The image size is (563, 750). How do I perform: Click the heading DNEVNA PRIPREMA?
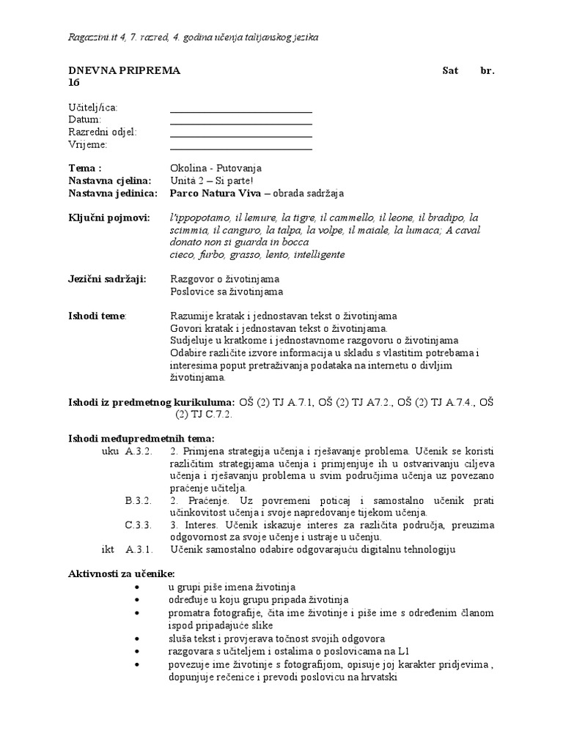pyautogui.click(x=124, y=70)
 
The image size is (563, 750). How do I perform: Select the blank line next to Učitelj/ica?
pyautogui.click(x=240, y=111)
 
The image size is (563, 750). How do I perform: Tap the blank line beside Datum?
pyautogui.click(x=240, y=124)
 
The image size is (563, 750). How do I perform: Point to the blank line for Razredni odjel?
pyautogui.click(x=240, y=136)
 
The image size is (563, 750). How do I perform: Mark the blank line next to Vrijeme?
pyautogui.click(x=240, y=149)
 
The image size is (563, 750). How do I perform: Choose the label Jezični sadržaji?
pyautogui.click(x=107, y=279)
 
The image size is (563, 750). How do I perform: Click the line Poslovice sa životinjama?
pyautogui.click(x=226, y=292)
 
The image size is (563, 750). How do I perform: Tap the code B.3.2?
pyautogui.click(x=138, y=500)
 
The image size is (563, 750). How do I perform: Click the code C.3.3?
pyautogui.click(x=138, y=525)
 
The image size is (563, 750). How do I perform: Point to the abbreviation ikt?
pyautogui.click(x=108, y=549)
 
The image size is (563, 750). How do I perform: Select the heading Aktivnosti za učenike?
pyautogui.click(x=122, y=573)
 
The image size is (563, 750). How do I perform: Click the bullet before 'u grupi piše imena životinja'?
pyautogui.click(x=139, y=587)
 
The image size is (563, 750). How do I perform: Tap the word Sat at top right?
pyautogui.click(x=450, y=70)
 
